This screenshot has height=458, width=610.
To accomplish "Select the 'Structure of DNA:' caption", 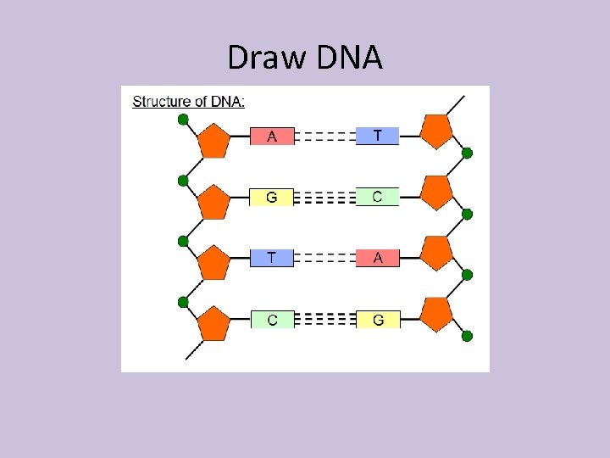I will click(189, 102).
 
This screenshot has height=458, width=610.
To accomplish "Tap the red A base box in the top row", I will click(272, 136).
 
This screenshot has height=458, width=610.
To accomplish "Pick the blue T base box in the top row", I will click(377, 136).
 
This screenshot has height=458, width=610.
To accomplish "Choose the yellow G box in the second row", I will click(272, 198).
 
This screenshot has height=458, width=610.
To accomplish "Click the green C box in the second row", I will click(377, 197).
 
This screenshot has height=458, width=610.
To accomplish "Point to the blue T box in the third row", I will click(272, 258).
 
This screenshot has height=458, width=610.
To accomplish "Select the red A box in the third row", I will click(377, 258).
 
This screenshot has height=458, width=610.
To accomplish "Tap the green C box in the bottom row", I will click(272, 320).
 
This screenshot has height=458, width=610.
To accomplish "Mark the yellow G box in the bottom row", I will click(377, 320).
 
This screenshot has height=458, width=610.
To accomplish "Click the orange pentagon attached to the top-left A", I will click(213, 140).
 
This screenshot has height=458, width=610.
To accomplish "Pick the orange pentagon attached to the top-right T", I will click(436, 131).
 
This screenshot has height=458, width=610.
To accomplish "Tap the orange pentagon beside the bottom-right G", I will click(436, 314).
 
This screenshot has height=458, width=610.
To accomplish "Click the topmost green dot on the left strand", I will click(183, 120).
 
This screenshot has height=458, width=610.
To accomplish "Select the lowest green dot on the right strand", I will click(467, 337).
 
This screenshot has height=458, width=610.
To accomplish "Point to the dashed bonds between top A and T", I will click(324, 136).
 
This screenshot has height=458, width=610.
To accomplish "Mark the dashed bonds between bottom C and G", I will click(324, 320).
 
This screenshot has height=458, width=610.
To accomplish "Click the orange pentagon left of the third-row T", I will click(213, 262).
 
